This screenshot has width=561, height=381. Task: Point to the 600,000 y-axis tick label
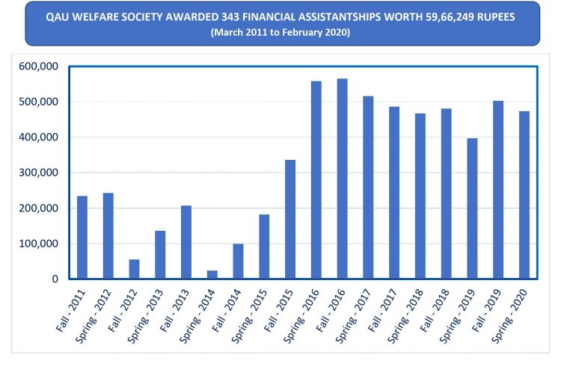point(37,66)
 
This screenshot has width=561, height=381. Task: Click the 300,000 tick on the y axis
point(37,173)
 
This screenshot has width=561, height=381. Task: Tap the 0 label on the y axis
point(54,279)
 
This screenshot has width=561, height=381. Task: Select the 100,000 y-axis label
point(37,244)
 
